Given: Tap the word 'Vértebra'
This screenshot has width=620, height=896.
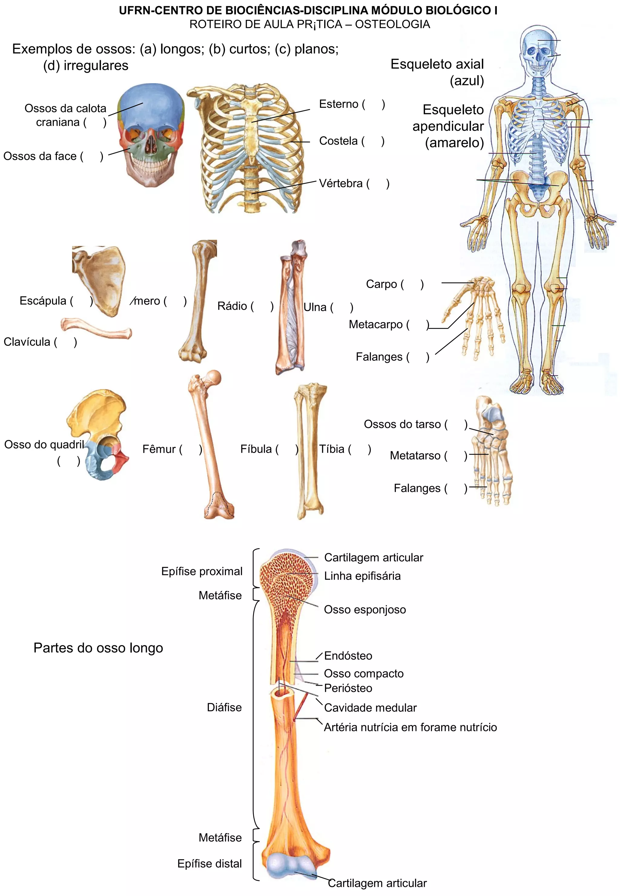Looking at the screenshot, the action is click(x=341, y=183).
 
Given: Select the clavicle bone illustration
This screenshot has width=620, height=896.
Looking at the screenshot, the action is click(x=96, y=328).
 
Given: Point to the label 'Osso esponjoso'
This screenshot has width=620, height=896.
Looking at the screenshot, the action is click(x=365, y=610).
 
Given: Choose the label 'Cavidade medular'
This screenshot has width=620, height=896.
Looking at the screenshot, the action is click(x=370, y=708).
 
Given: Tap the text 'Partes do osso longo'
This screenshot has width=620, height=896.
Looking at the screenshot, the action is click(x=98, y=648).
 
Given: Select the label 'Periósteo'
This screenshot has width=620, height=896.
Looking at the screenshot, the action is click(x=348, y=688).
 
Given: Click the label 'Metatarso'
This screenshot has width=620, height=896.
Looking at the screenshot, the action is click(x=415, y=455).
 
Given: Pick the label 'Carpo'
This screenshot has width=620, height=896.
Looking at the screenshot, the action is click(x=381, y=284).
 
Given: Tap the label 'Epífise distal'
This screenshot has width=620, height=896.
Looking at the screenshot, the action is click(x=209, y=863).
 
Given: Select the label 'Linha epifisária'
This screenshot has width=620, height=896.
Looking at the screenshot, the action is click(x=362, y=576).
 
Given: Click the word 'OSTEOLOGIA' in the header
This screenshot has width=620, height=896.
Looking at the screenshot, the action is click(x=392, y=24).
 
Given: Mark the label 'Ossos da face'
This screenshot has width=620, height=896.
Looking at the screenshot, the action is click(x=40, y=156).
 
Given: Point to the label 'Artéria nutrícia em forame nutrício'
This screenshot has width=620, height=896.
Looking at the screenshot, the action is click(x=410, y=727).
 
